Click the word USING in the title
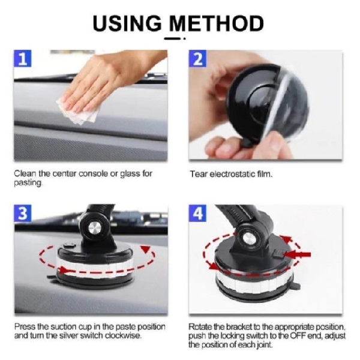[x=127, y=23]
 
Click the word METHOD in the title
[x=216, y=23]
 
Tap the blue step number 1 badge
[x=23, y=58]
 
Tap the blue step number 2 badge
[x=197, y=58]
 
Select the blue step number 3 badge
[x=23, y=214]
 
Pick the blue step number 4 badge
[x=197, y=214]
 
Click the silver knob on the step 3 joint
[x=95, y=228]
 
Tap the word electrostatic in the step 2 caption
[x=241, y=174]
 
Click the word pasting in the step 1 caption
[x=28, y=183]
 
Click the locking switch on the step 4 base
[x=278, y=254]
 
